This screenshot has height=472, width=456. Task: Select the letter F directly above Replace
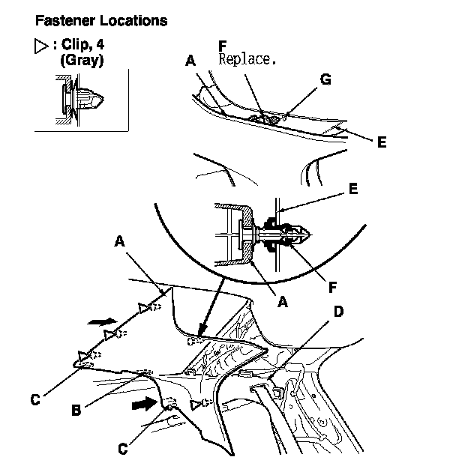click(222, 45)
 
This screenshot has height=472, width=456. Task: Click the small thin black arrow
click(97, 321)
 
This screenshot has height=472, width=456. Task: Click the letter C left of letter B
click(34, 400)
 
